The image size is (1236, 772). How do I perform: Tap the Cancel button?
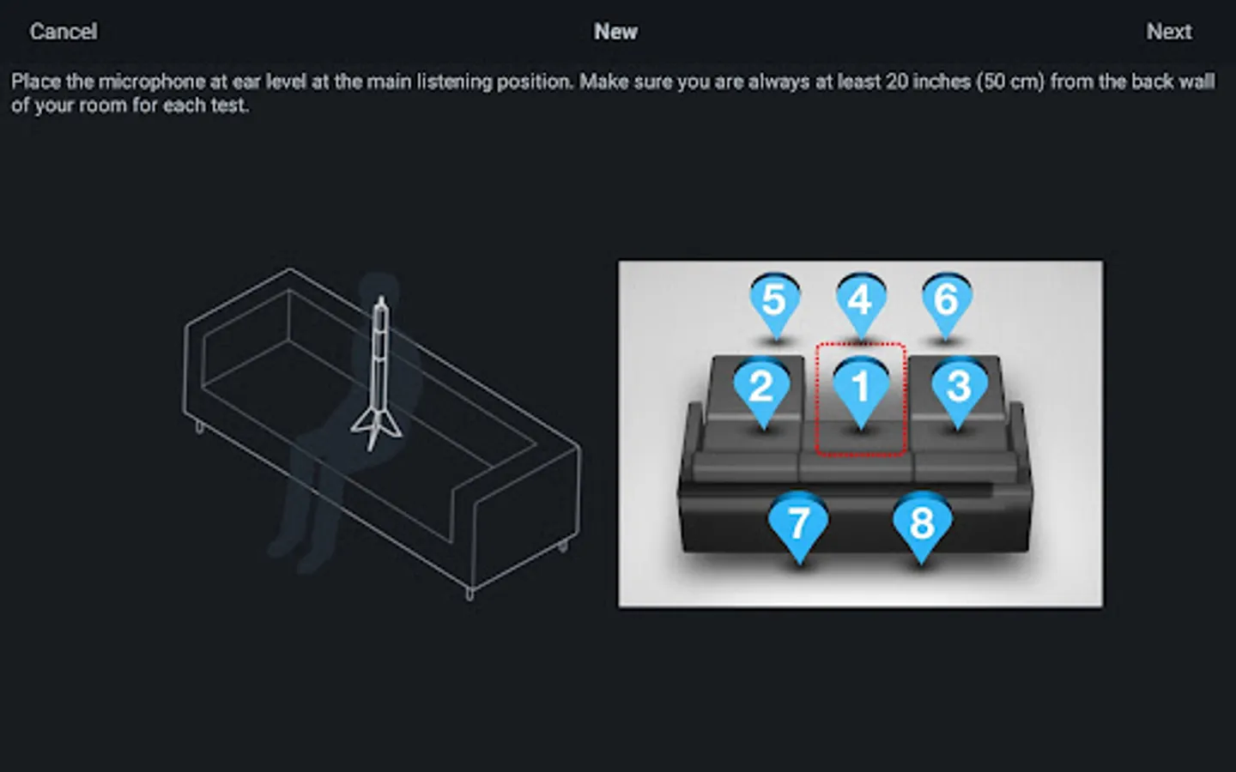pyautogui.click(x=64, y=32)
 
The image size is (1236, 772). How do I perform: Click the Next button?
pyautogui.click(x=1169, y=32)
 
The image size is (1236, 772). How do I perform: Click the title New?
pyautogui.click(x=615, y=32)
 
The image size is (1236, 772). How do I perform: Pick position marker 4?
pyautogui.click(x=861, y=305)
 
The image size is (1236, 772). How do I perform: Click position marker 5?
pyautogui.click(x=775, y=305)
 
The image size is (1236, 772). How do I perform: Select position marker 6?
pyautogui.click(x=947, y=305)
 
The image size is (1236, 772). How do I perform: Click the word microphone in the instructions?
pyautogui.click(x=152, y=82)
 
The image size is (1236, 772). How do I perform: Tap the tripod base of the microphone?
pyautogui.click(x=377, y=430)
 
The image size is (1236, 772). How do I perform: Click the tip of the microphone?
pyautogui.click(x=381, y=299)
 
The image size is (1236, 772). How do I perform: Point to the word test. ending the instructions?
pyautogui.click(x=227, y=106)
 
